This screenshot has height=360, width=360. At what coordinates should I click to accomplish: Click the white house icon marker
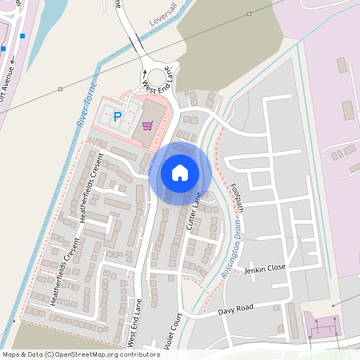180,173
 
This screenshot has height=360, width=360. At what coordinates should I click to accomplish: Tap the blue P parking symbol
118,117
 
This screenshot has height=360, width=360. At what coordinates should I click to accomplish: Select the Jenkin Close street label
265,268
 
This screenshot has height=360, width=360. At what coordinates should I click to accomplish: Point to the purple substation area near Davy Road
323,327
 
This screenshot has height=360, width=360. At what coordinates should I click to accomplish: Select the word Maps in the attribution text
12,354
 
